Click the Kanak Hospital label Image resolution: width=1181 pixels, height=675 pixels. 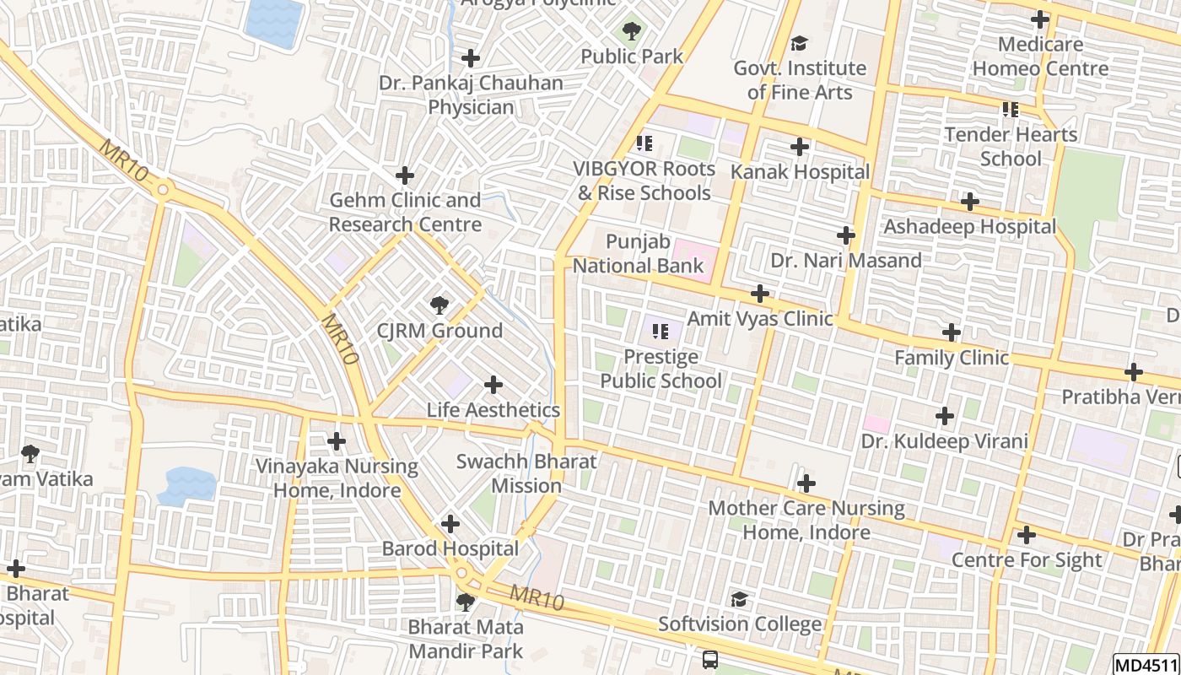pos(800,172)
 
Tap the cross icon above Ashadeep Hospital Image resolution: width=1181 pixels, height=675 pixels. pos(970,202)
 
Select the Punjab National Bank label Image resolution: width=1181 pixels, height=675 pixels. pos(638,254)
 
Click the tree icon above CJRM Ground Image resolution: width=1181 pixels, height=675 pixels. pos(439,305)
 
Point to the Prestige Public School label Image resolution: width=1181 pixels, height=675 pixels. pos(661,369)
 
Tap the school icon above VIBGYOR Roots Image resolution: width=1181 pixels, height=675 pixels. pos(644,143)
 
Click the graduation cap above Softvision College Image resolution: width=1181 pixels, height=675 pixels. pos(739,599)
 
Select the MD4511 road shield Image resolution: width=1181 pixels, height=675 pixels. pos(1146,665)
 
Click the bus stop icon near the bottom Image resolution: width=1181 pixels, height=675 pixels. pos(710,659)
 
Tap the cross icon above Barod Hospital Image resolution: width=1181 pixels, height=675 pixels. pos(450,524)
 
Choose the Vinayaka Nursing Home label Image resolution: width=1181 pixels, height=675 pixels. pos(337,478)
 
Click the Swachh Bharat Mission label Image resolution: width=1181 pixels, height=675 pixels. pos(526,473)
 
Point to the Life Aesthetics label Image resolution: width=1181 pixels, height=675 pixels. pos(493,410)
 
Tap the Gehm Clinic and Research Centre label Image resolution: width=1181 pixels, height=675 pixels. pos(405,213)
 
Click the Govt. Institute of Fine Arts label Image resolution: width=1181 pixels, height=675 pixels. pos(800,80)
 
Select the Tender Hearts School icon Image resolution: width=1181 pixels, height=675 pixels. pos(1011,109)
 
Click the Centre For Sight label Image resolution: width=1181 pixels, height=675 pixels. pos(1027,560)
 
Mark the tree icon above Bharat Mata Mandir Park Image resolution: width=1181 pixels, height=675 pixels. pos(465,602)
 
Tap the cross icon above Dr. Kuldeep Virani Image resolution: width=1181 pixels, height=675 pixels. pos(945,416)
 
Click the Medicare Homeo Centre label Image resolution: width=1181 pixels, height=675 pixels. pos(1040,57)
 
